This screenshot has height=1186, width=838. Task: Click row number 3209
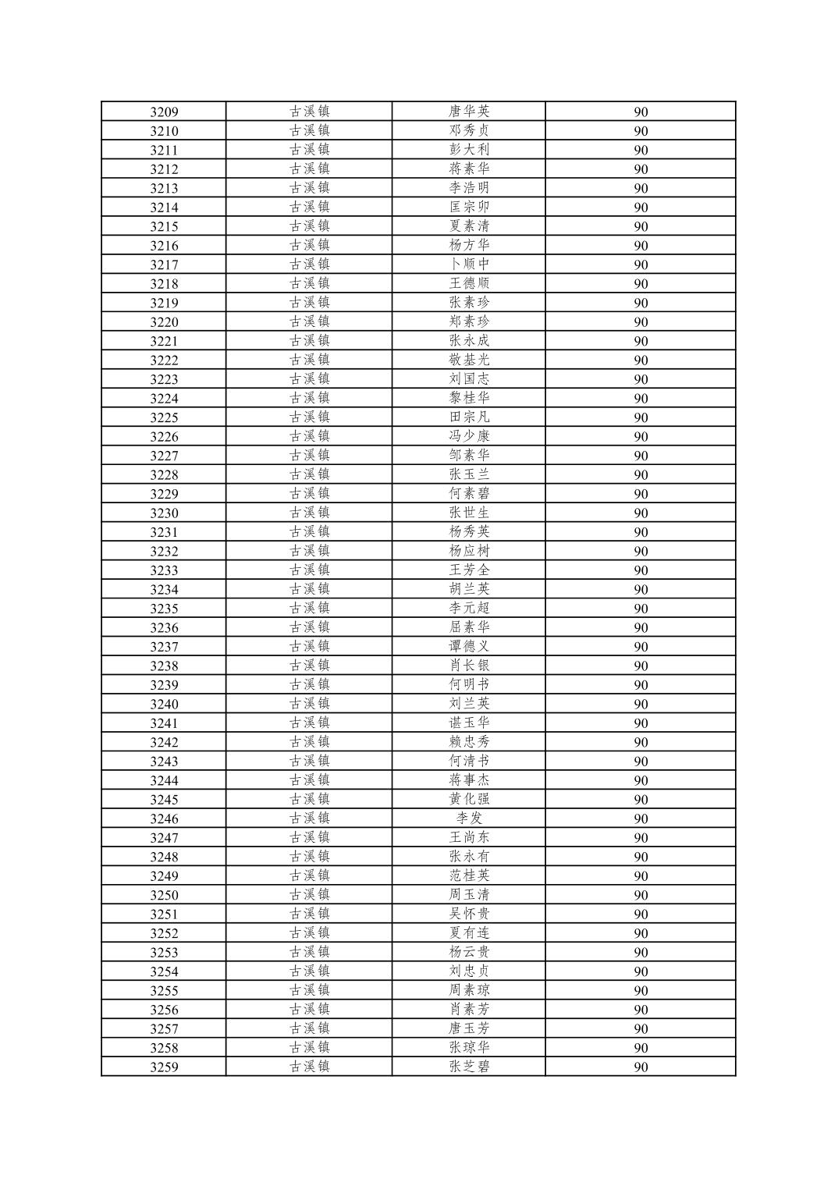(x=164, y=112)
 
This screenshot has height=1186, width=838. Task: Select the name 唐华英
(x=469, y=111)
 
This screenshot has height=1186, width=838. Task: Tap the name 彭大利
(x=469, y=149)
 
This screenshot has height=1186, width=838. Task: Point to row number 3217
(x=164, y=265)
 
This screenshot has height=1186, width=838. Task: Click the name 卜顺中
(x=469, y=264)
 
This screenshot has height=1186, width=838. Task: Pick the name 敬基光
(x=469, y=360)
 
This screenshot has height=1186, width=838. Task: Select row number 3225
(x=164, y=417)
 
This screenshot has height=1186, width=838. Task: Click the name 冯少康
(x=469, y=436)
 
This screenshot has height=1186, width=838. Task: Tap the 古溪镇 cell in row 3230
(x=310, y=513)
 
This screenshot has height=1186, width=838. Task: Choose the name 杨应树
(x=469, y=551)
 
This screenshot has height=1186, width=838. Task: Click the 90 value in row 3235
(x=641, y=609)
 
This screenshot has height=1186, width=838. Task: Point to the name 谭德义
(x=469, y=646)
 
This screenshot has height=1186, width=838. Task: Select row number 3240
(x=164, y=704)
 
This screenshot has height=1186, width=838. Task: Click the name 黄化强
(x=469, y=799)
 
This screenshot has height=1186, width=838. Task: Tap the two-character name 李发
(x=469, y=818)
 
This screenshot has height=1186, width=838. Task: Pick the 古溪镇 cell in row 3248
(x=310, y=857)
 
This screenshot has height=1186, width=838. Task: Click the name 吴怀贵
(x=469, y=914)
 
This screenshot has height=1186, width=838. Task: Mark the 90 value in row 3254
(x=641, y=971)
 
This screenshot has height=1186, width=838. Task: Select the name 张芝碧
(x=469, y=1067)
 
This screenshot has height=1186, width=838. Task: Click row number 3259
(x=164, y=1067)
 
